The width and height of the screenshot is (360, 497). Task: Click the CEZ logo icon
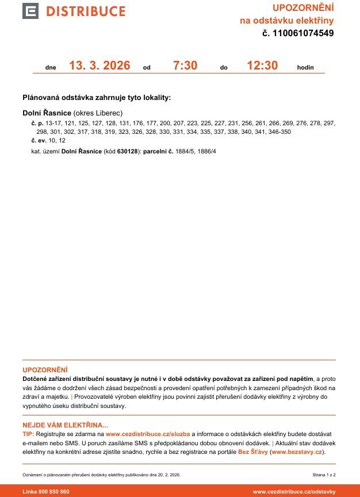[x=30, y=11]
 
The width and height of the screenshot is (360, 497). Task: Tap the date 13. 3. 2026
[x=99, y=66]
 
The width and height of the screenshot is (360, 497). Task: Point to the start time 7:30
[x=185, y=66]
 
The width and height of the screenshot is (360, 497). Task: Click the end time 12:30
[x=262, y=66]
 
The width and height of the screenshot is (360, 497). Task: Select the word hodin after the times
[x=305, y=68]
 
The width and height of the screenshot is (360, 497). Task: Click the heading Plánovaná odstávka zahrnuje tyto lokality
[x=97, y=98]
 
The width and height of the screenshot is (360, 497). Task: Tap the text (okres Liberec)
[x=98, y=113]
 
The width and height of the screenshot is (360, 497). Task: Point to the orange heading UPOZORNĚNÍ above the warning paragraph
[x=45, y=369]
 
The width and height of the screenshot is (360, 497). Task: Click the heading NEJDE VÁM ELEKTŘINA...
[x=65, y=425]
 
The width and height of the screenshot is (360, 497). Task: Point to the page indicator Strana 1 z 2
[x=324, y=475]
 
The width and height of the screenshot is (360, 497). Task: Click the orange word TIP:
[x=28, y=434]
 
